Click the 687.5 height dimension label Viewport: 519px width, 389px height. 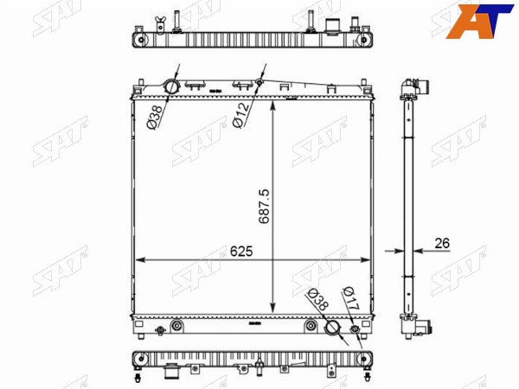point(265,207)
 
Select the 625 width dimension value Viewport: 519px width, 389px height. point(241,252)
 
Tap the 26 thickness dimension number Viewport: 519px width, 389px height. point(442,243)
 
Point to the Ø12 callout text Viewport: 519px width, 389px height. point(241,115)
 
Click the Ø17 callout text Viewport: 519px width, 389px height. point(351,298)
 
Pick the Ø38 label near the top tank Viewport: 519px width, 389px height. point(155,117)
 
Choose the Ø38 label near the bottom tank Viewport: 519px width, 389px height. point(318,299)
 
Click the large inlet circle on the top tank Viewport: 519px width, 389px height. point(171,87)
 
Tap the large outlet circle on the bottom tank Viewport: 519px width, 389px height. point(332,327)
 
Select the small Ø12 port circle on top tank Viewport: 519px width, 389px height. point(259,82)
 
